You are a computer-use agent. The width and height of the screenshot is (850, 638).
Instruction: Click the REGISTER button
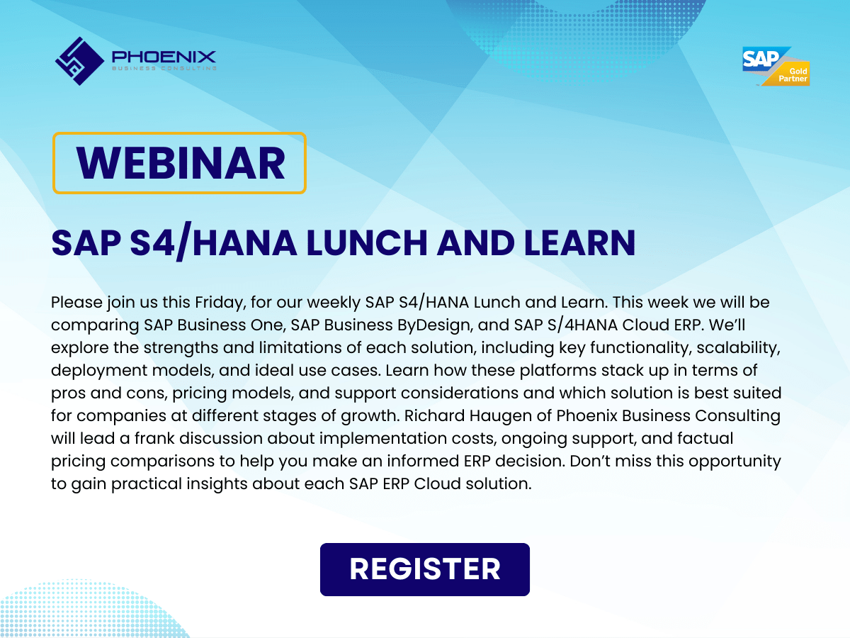(x=425, y=569)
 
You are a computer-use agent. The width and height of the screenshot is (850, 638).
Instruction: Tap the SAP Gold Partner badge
(x=776, y=66)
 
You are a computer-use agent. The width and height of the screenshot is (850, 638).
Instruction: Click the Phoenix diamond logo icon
(x=80, y=61)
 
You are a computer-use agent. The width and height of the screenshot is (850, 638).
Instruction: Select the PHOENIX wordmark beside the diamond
(x=164, y=57)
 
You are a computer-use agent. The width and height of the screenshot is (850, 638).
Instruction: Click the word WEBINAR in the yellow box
(x=181, y=163)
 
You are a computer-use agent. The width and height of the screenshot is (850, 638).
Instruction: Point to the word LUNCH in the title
(x=367, y=243)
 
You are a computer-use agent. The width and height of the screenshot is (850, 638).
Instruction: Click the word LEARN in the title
(x=579, y=243)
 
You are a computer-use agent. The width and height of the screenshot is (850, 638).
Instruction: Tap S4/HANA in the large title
(x=213, y=242)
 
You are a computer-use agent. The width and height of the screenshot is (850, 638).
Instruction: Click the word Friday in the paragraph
(x=220, y=303)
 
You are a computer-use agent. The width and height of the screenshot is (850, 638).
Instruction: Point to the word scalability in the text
(x=737, y=348)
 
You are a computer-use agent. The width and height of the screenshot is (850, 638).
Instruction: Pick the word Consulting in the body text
(x=737, y=416)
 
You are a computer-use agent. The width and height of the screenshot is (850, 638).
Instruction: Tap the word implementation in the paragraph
(x=382, y=439)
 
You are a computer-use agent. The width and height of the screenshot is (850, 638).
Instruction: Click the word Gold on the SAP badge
(x=798, y=72)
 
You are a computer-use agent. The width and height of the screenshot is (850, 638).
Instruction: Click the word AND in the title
(x=475, y=243)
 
